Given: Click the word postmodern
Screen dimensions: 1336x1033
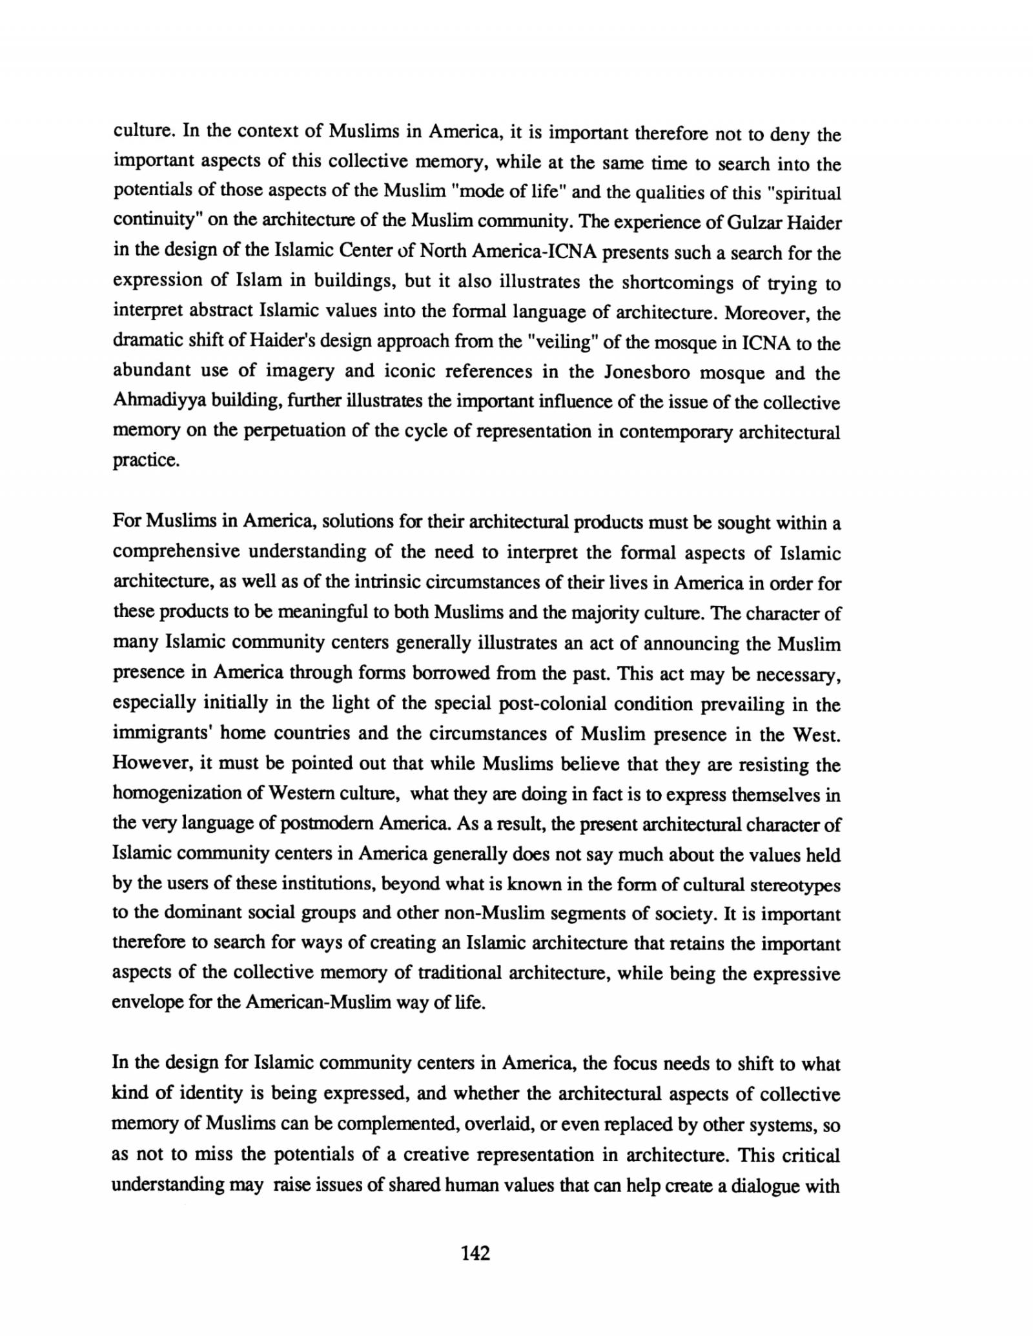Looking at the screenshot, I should point(325,824).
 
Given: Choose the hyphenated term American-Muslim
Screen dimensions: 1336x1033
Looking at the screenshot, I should point(318,1003).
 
